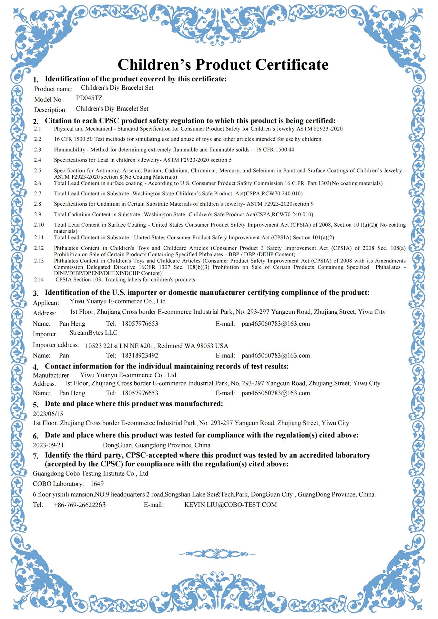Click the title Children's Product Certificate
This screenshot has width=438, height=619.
(x=223, y=64)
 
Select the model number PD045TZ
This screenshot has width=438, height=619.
(x=89, y=98)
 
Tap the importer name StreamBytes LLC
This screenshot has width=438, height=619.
(x=93, y=333)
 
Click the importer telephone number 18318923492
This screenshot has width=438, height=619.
(x=140, y=356)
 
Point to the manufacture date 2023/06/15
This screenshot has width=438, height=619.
(x=48, y=414)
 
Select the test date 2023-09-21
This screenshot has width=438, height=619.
(x=48, y=445)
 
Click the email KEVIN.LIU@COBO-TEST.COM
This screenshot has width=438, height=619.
(x=230, y=505)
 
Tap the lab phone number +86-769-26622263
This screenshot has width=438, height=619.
(x=80, y=505)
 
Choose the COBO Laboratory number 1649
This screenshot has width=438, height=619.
(x=97, y=484)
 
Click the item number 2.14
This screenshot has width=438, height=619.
(x=39, y=280)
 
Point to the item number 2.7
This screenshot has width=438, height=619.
(x=37, y=194)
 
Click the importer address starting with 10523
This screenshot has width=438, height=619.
(x=157, y=346)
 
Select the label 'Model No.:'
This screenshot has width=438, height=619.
(x=49, y=100)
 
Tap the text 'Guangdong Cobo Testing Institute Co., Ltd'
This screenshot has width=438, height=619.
(x=90, y=474)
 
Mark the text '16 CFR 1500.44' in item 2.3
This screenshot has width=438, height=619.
(x=275, y=150)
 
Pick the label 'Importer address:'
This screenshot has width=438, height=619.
(x=56, y=345)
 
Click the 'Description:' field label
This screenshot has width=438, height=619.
(x=50, y=110)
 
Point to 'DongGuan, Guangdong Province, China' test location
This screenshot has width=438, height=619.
(x=157, y=445)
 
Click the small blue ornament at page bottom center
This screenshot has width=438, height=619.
(x=217, y=554)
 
